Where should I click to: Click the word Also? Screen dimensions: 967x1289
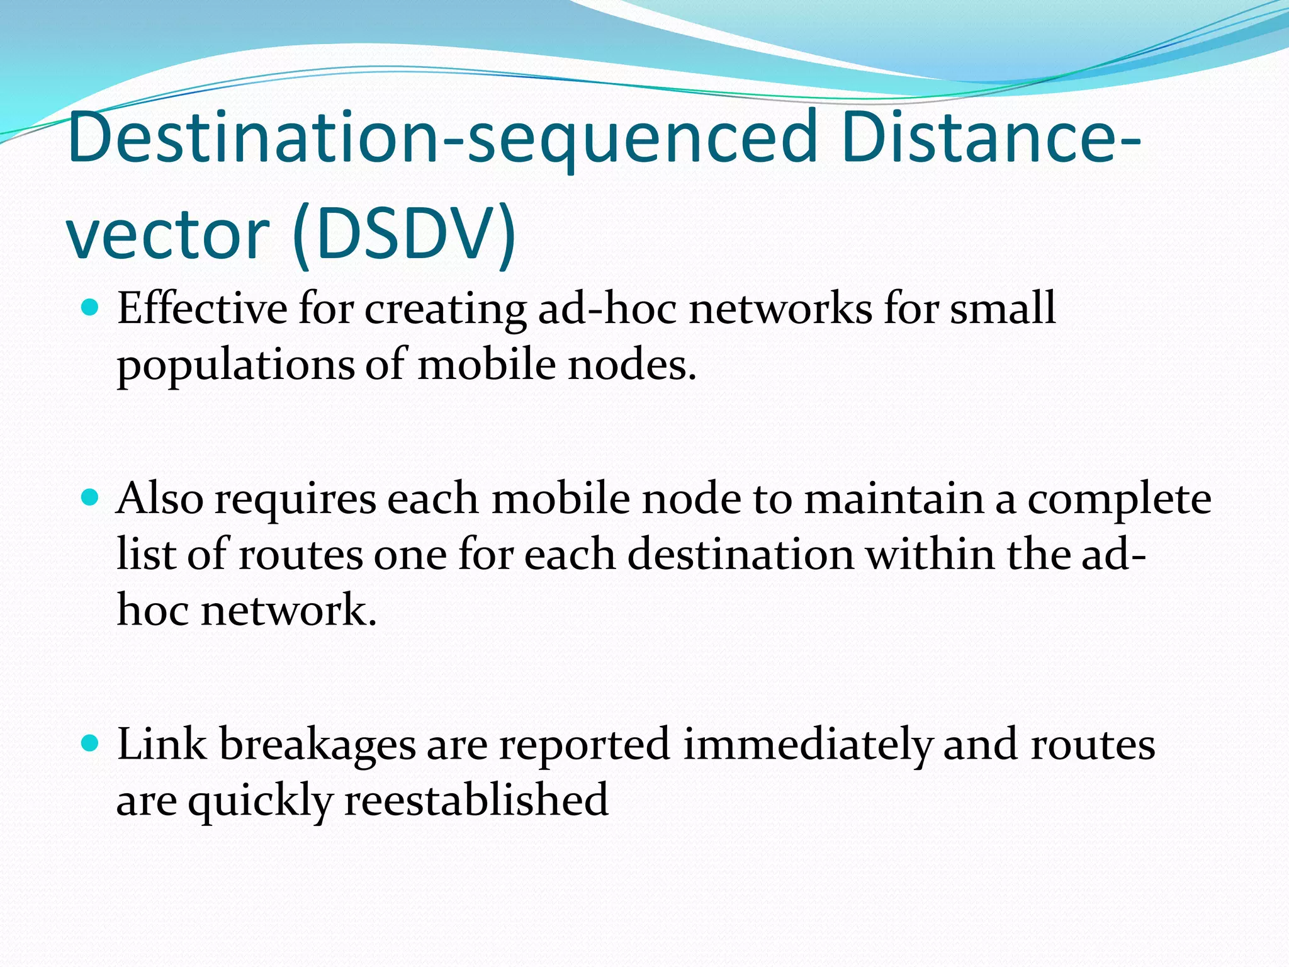[160, 499]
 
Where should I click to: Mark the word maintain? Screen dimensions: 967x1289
[894, 499]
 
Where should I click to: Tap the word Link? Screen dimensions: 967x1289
[161, 744]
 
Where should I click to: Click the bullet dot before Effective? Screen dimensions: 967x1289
[91, 308]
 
